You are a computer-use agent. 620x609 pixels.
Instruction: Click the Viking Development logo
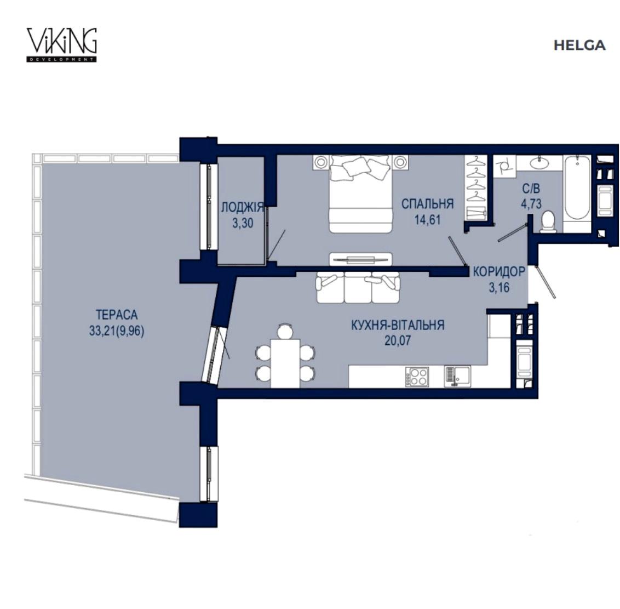(x=62, y=45)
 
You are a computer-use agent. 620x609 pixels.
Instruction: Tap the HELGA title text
(x=579, y=45)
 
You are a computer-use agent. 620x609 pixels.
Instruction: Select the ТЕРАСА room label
(x=117, y=315)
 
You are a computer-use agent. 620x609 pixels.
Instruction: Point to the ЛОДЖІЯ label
(x=242, y=207)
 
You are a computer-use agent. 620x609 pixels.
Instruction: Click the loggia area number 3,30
(x=243, y=223)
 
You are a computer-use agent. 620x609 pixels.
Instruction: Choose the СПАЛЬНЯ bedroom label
(x=427, y=204)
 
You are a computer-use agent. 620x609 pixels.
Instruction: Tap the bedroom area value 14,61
(x=427, y=220)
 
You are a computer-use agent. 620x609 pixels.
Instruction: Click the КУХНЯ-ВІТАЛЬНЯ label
(x=398, y=325)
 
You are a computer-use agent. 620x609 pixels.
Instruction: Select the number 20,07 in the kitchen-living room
(x=398, y=340)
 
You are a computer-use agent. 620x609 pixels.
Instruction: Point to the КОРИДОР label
(x=499, y=272)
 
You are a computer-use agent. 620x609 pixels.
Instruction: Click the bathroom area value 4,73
(x=531, y=204)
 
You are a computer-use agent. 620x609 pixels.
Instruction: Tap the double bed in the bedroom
(x=360, y=193)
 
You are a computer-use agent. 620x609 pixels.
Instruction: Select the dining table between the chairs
(x=285, y=363)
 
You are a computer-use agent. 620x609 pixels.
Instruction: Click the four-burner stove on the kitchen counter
(x=417, y=377)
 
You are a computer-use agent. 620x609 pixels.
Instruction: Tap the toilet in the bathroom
(x=547, y=222)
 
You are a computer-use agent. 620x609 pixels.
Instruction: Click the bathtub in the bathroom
(x=577, y=193)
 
